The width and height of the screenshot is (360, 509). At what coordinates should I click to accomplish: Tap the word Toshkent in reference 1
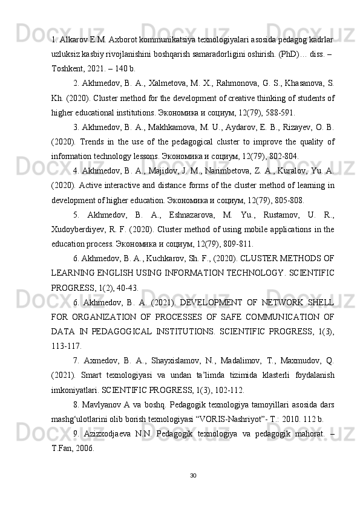(68, 68)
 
